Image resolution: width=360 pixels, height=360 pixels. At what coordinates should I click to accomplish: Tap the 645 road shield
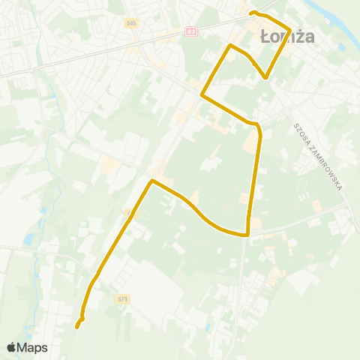tap(132, 23)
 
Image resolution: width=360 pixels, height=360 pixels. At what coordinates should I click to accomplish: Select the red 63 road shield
tap(191, 31)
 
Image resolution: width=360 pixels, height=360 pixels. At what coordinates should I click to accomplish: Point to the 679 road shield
tap(122, 298)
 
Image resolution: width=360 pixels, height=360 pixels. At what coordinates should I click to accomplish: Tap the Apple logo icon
tap(11, 347)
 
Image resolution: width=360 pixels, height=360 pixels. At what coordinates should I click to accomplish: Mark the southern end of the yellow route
tap(76, 326)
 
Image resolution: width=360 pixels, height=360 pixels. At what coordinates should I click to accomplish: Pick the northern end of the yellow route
tap(251, 13)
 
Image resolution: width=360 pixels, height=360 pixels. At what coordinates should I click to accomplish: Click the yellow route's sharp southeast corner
tap(247, 234)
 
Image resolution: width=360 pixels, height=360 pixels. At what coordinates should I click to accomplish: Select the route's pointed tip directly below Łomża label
tap(265, 77)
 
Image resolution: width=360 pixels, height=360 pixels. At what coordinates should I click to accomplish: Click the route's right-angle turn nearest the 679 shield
tap(152, 181)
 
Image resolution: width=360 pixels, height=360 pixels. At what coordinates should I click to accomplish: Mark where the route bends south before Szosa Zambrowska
tap(258, 124)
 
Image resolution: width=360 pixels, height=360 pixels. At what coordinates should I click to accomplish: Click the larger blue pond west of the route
tap(28, 240)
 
